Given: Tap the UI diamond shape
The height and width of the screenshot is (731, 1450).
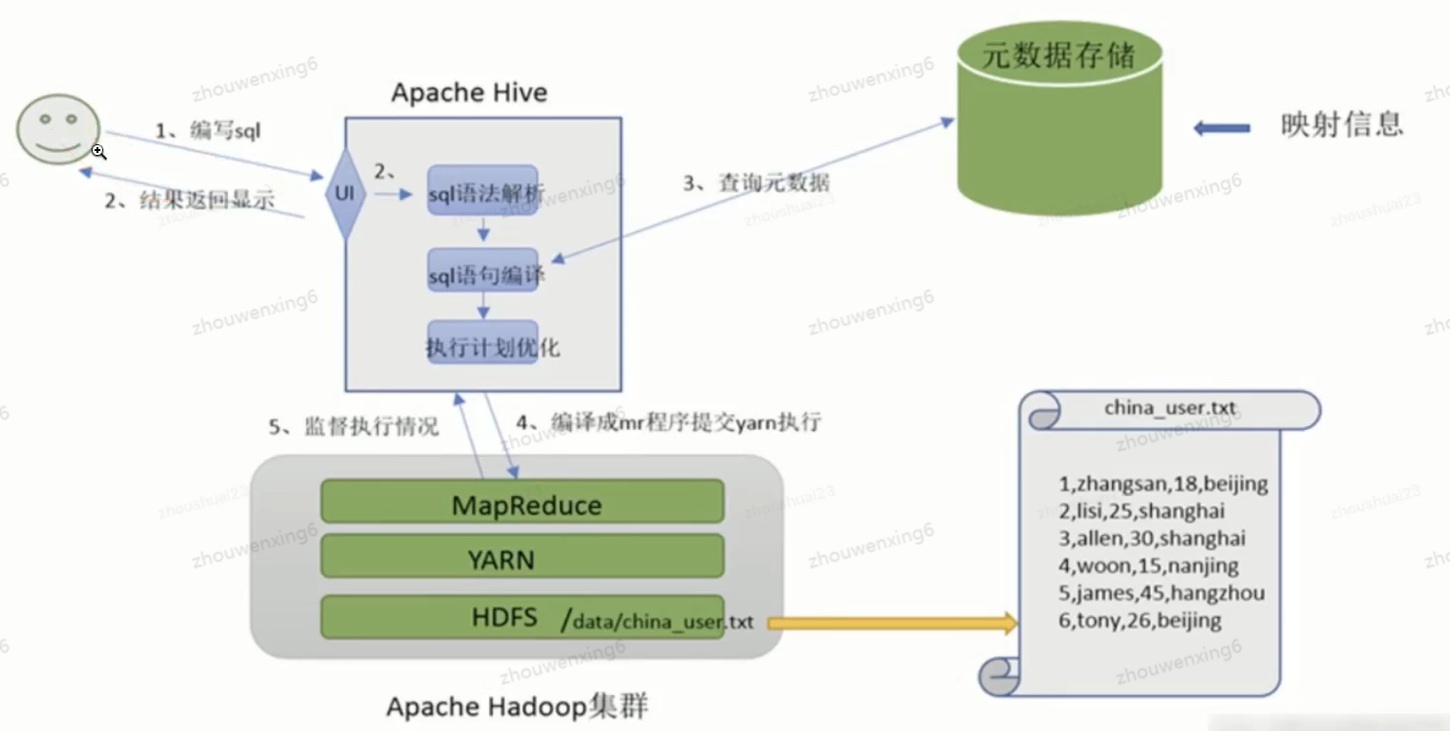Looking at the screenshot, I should (x=345, y=193).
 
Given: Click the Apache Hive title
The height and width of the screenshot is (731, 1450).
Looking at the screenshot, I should (x=469, y=94).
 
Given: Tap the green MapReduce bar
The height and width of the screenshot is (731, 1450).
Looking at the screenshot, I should (x=522, y=502).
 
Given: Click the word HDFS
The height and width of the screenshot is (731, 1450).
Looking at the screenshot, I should (x=504, y=617).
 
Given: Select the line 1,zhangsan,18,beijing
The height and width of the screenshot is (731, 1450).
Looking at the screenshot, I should (x=1164, y=483).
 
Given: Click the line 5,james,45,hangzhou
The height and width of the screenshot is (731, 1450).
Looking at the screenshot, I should (x=1162, y=593).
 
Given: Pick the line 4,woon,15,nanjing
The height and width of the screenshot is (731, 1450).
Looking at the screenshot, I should (x=1148, y=565).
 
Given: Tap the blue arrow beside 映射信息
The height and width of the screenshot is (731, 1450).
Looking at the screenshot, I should (x=1222, y=127).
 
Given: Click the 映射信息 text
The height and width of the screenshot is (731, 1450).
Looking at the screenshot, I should (x=1342, y=125).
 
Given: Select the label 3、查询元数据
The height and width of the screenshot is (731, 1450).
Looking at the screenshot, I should (x=756, y=181).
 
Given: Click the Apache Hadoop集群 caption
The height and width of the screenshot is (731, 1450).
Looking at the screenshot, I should (x=516, y=706).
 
